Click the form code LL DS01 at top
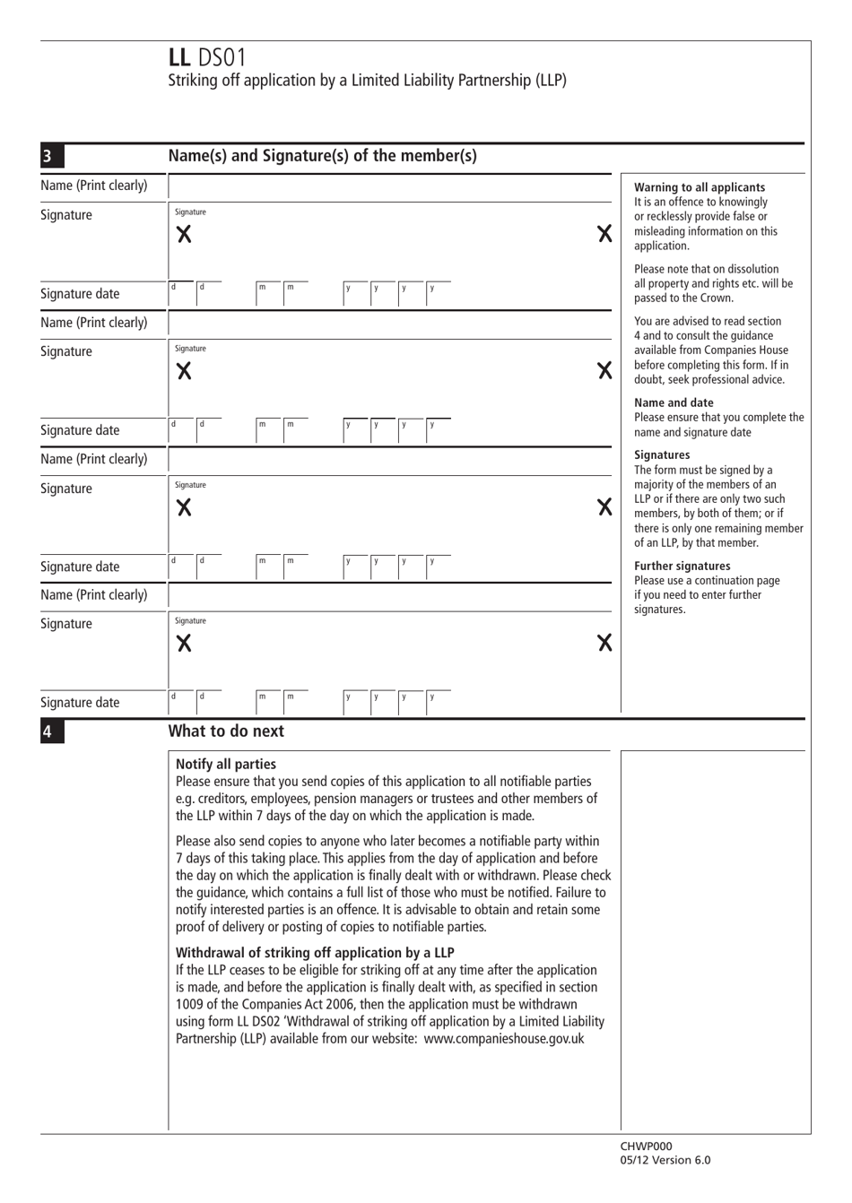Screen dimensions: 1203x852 point(206,58)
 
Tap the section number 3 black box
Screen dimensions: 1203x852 point(48,157)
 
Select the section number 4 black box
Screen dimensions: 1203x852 point(48,731)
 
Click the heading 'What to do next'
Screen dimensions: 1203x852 point(226,731)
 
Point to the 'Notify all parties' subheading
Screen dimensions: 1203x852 point(226,765)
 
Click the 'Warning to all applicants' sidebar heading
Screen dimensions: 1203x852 point(700,187)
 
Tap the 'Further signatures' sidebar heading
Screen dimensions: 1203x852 point(682,566)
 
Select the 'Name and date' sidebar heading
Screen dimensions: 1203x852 point(674,402)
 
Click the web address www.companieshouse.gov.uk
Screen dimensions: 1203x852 point(503,1039)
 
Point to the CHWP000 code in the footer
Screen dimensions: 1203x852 point(646,1146)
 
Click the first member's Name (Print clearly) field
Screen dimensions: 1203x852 point(389,186)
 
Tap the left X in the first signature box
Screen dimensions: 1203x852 point(184,235)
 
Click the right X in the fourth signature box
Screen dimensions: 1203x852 point(604,643)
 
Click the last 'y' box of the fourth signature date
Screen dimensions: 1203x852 point(436,702)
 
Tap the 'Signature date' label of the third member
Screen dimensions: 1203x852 point(80,567)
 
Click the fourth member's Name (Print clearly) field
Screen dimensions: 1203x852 point(389,595)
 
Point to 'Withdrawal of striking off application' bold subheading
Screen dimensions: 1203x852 point(315,953)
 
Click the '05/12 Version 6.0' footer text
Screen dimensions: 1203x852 point(665,1160)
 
